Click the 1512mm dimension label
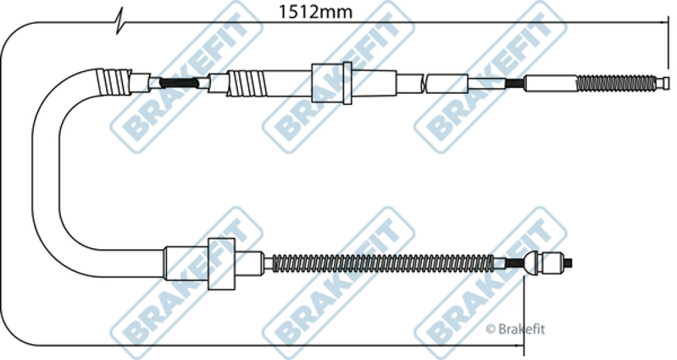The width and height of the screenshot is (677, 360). (x=315, y=12)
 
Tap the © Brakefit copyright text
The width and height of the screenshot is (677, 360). (x=515, y=330)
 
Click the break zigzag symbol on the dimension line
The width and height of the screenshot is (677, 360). (x=119, y=21)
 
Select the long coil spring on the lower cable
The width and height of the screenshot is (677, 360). (x=383, y=263)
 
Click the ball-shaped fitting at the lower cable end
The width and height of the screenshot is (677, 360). (x=532, y=263)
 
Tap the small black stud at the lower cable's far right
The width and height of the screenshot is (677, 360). (x=569, y=263)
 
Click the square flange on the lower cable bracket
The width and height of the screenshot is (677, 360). (x=221, y=263)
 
